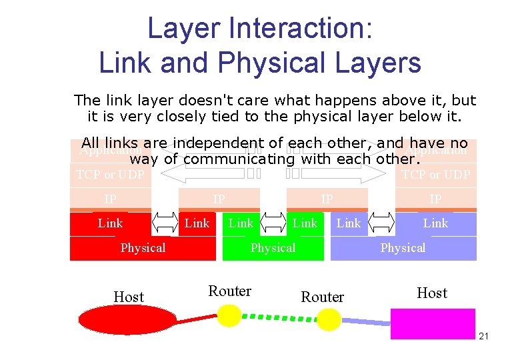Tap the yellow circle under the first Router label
point(229,315)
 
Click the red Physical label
point(143,248)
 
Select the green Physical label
point(273,248)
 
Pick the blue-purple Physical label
point(403,248)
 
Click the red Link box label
point(110,223)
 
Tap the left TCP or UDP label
point(110,175)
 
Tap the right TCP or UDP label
point(435,175)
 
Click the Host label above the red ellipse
point(129,297)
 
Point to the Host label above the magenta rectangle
point(432,293)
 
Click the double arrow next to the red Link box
point(165,223)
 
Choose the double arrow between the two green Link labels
point(273,223)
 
